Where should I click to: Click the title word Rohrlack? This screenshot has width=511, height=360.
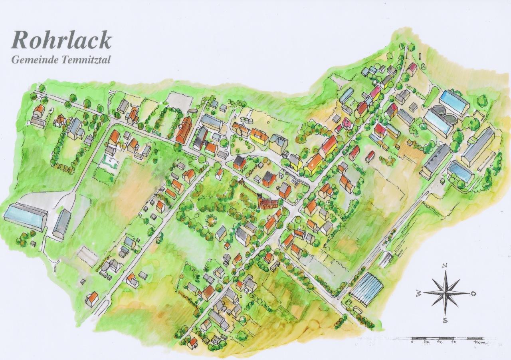(x=61, y=40)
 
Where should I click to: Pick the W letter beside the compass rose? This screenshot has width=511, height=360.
(x=419, y=294)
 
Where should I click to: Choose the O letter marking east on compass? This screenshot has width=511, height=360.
(x=473, y=293)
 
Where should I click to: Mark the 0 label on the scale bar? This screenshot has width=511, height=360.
(x=412, y=342)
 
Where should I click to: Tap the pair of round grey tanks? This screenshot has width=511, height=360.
(x=444, y=114)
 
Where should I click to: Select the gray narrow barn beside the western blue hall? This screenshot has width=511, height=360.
(x=61, y=224)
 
